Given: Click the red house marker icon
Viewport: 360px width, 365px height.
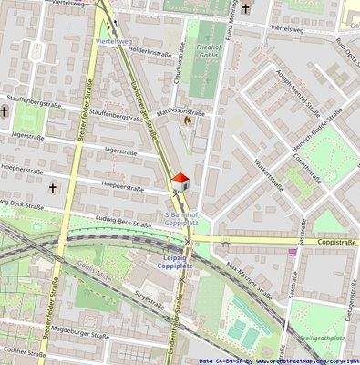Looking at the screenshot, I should point(181,180).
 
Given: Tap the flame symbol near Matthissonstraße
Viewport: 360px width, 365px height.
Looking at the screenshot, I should point(188,120).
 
